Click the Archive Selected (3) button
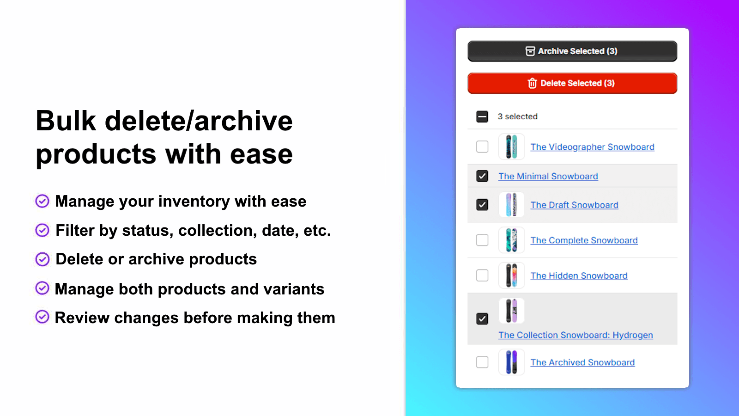click(x=572, y=51)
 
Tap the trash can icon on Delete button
click(x=532, y=83)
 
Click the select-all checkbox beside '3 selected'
click(x=482, y=116)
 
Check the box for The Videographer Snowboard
click(x=482, y=147)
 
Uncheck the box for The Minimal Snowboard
click(x=482, y=176)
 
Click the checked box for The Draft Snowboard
click(x=482, y=205)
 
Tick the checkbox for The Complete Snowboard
click(x=482, y=240)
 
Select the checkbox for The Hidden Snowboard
click(x=482, y=275)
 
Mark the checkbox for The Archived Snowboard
click(x=482, y=362)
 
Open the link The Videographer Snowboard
click(x=592, y=147)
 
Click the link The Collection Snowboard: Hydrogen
click(x=575, y=335)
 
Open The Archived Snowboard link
click(x=582, y=362)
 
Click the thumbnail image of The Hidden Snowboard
click(x=511, y=275)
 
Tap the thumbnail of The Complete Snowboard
click(x=511, y=240)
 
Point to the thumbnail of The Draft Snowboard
click(x=511, y=205)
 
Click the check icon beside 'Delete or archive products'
click(x=42, y=259)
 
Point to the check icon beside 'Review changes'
click(x=42, y=317)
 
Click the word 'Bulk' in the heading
click(x=66, y=121)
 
